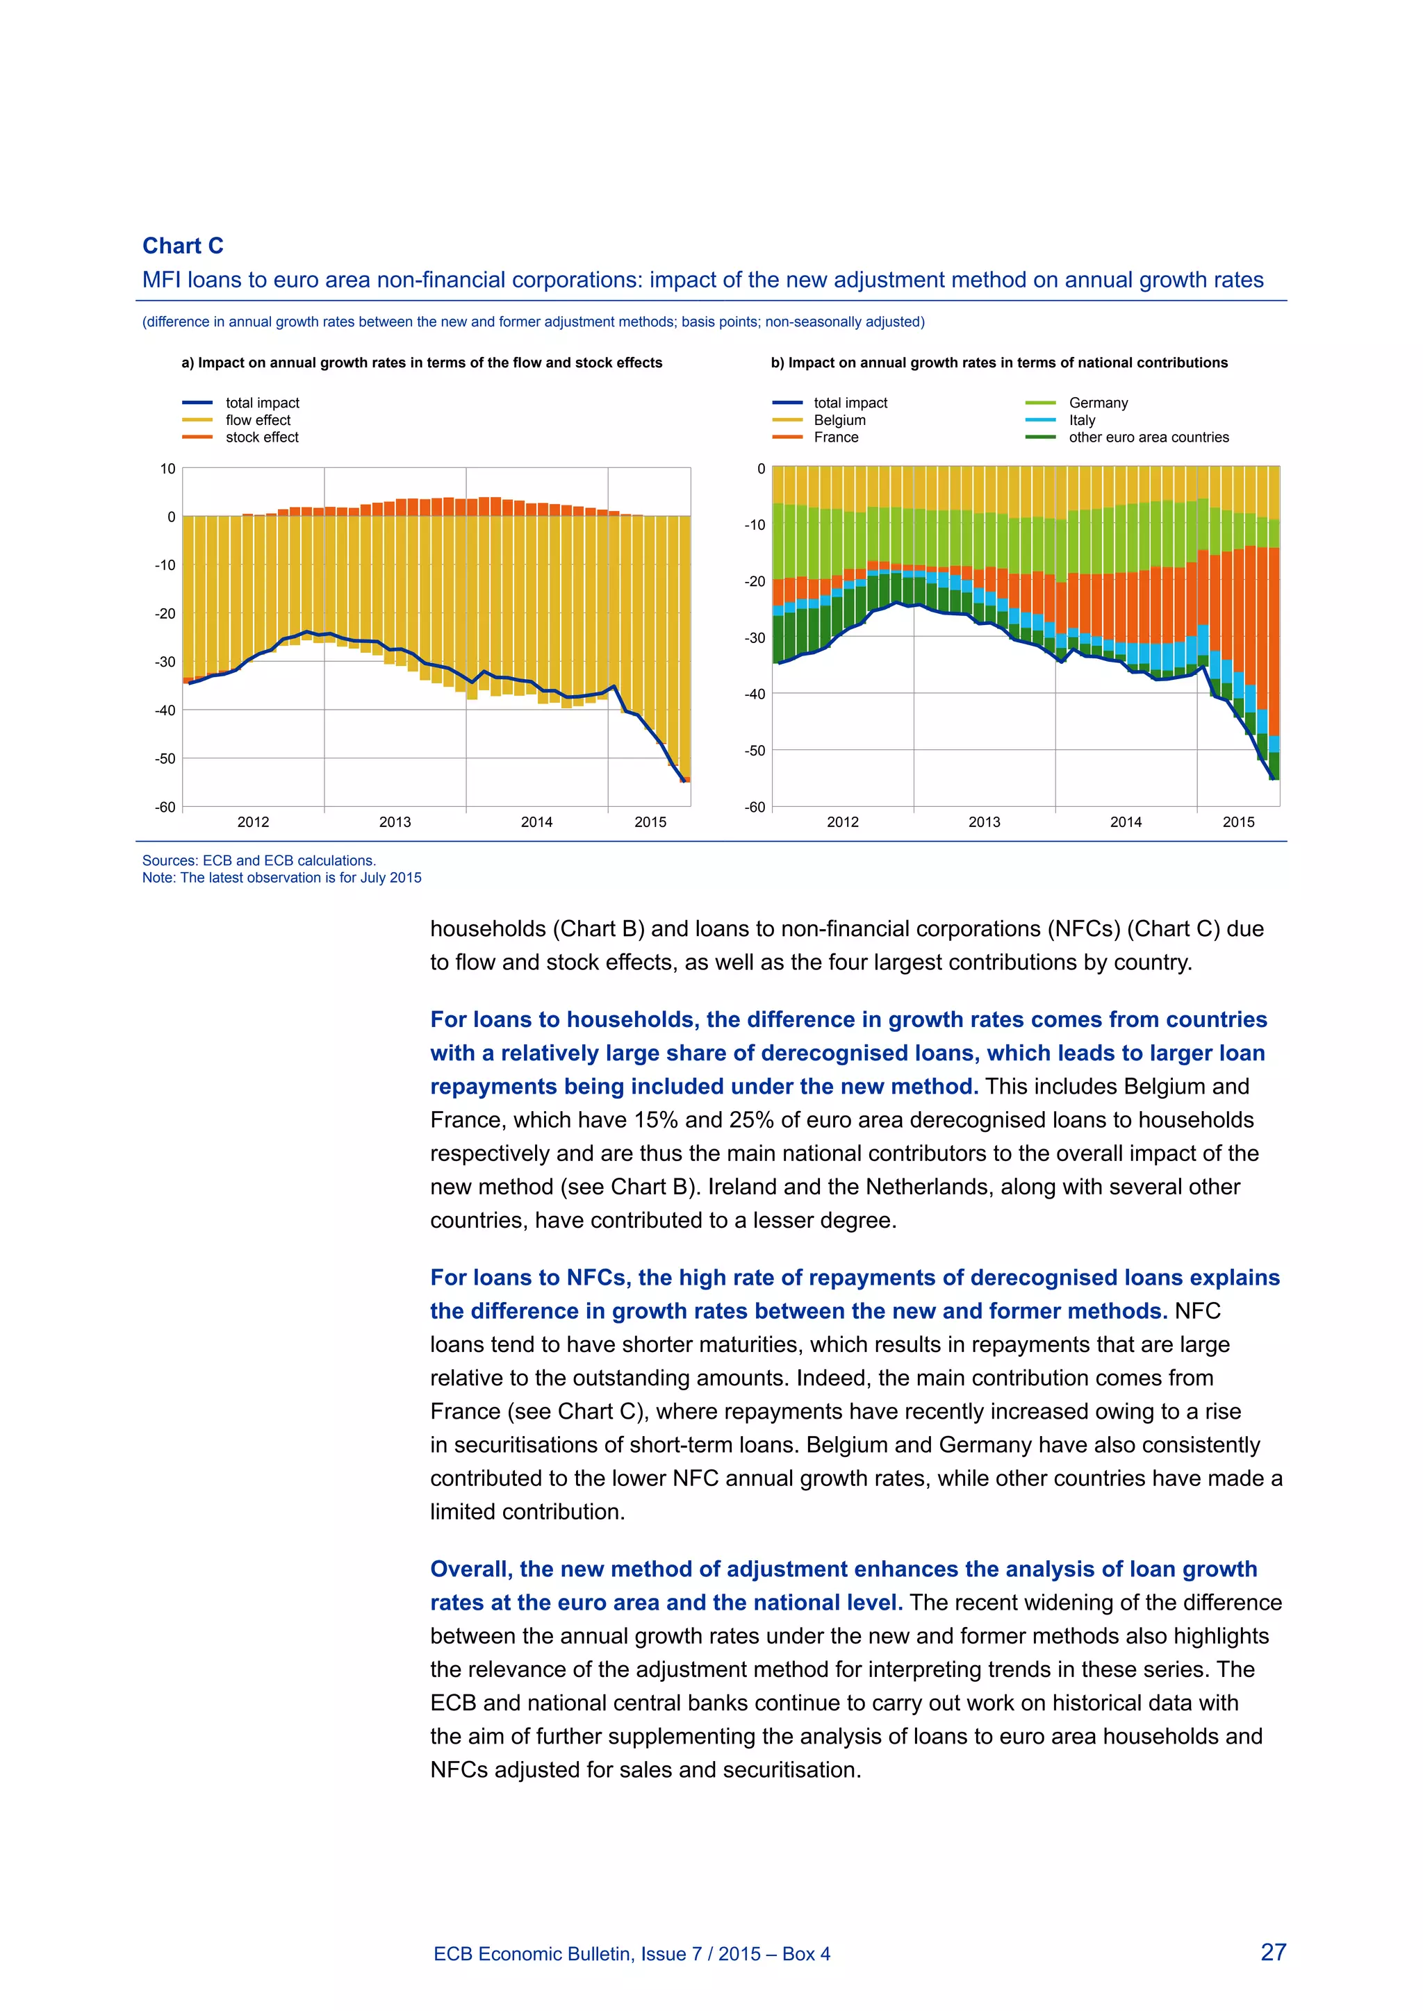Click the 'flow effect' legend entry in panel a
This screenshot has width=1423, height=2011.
(258, 420)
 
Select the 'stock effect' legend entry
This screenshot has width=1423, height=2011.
(261, 437)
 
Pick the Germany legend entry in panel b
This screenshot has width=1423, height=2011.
(1098, 403)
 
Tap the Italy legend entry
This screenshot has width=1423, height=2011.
(1081, 420)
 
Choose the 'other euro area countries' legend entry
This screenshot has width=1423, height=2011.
(1148, 437)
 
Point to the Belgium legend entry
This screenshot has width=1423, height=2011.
(839, 420)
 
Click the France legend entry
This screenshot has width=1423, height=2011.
(835, 437)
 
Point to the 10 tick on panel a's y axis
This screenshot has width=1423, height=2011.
(167, 469)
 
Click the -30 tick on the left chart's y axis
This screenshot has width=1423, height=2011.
(165, 662)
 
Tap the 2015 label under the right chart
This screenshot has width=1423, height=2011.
(1238, 821)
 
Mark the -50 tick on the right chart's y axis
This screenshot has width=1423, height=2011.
(755, 751)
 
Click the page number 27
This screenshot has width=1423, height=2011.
(1272, 1952)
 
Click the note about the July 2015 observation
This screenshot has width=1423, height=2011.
(281, 878)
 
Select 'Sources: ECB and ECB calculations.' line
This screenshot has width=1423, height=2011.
(258, 860)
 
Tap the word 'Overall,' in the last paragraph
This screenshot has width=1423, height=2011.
(470, 1569)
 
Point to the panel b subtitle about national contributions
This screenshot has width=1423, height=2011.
(999, 362)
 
